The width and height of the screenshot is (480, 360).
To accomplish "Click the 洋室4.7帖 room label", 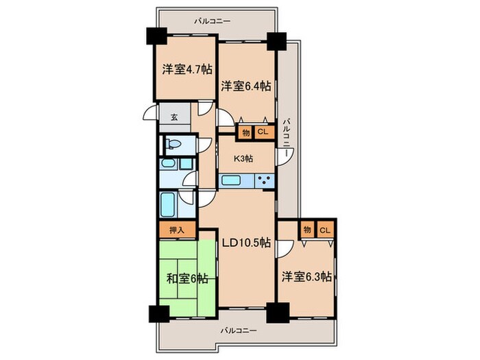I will click(x=187, y=69).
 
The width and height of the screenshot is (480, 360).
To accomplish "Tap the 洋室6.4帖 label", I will click(x=245, y=86).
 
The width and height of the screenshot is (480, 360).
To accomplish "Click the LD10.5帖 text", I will click(x=245, y=242).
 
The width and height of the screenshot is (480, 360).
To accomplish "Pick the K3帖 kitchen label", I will click(x=244, y=158).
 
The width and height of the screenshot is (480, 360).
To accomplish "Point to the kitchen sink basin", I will click(x=231, y=180).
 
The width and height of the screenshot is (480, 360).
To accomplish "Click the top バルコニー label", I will click(x=212, y=21).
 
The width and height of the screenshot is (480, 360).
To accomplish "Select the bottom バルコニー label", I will click(x=239, y=330).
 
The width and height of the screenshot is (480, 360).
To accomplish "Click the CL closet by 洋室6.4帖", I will click(x=262, y=132).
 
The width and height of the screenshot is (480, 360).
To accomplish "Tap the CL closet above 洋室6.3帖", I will click(x=324, y=230).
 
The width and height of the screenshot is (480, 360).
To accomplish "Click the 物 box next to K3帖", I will click(x=245, y=132).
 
